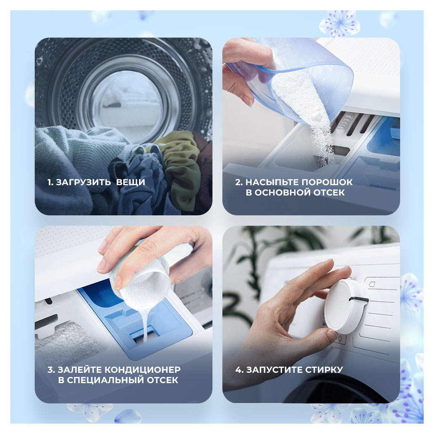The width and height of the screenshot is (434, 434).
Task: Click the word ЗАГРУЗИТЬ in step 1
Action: (x=83, y=182)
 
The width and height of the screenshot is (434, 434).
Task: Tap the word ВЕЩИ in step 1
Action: (x=131, y=182)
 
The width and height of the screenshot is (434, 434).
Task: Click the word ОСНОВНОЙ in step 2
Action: (x=280, y=192)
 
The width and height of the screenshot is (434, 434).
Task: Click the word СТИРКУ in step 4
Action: (x=324, y=370)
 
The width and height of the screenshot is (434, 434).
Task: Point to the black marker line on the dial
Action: (x=359, y=299)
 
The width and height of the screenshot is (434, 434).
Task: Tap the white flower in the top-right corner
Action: (x=339, y=24)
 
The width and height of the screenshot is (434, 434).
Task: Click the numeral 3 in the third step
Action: (x=50, y=370)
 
